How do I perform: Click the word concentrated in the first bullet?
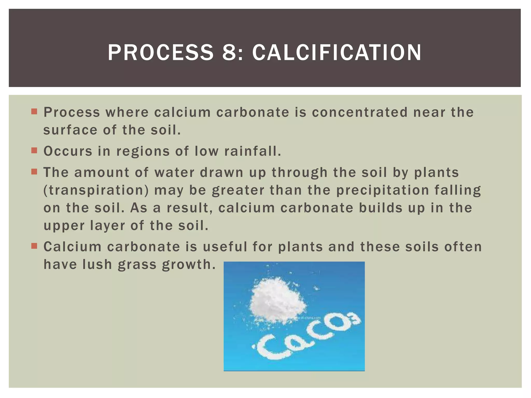[x=360, y=112]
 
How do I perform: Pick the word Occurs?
[x=68, y=151]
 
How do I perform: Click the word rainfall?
[x=253, y=151]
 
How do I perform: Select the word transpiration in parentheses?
[x=96, y=190]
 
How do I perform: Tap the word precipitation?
[x=383, y=190]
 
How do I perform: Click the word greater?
[x=238, y=190]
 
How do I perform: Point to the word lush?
[x=97, y=265]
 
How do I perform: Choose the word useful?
[x=225, y=247]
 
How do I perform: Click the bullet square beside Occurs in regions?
[x=34, y=151]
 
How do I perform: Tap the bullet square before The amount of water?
[x=34, y=172]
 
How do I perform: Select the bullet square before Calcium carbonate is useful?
[x=34, y=246]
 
